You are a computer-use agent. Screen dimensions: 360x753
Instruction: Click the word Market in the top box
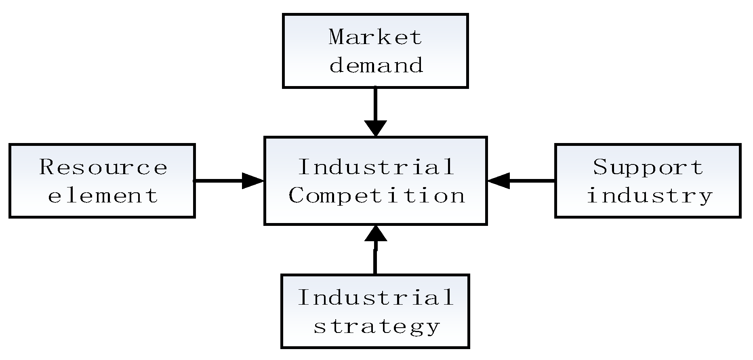[375, 37]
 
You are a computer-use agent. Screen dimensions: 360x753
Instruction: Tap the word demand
[376, 65]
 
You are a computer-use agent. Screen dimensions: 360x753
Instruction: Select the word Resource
[103, 167]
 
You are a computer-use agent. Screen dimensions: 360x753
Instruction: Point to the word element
[103, 196]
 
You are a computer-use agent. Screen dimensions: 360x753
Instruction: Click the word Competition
[376, 196]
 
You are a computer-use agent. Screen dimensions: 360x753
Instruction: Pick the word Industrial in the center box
[376, 167]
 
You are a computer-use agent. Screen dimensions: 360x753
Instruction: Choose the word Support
[648, 167]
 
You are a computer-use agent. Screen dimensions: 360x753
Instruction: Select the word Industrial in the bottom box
[376, 297]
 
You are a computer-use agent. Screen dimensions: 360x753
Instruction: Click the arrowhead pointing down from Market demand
[376, 128]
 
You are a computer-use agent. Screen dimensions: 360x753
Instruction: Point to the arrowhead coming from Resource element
[253, 181]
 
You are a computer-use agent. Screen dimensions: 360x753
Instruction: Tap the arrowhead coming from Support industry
[498, 181]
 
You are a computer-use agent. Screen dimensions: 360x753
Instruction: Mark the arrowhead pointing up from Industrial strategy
[376, 234]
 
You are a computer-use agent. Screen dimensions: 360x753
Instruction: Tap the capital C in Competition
[297, 196]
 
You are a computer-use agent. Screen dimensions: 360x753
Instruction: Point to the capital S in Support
[600, 167]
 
